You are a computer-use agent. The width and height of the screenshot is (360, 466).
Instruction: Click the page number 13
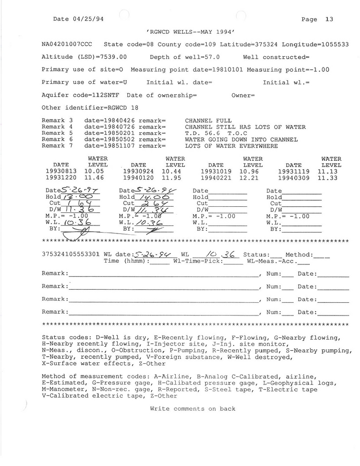click(x=329, y=19)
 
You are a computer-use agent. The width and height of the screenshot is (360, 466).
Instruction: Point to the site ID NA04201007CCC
click(x=67, y=45)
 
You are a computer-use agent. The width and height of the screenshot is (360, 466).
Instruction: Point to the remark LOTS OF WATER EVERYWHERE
click(x=231, y=146)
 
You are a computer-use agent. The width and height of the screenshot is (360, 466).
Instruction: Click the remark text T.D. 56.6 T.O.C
click(x=212, y=133)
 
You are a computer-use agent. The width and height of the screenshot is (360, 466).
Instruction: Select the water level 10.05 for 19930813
click(x=94, y=172)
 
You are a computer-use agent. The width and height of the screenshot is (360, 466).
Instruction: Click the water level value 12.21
click(x=249, y=178)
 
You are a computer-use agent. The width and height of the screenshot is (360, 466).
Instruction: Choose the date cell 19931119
click(x=293, y=172)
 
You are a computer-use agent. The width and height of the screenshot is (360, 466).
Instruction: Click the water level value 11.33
click(x=327, y=178)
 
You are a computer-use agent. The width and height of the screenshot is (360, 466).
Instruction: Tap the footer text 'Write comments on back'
click(x=193, y=409)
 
